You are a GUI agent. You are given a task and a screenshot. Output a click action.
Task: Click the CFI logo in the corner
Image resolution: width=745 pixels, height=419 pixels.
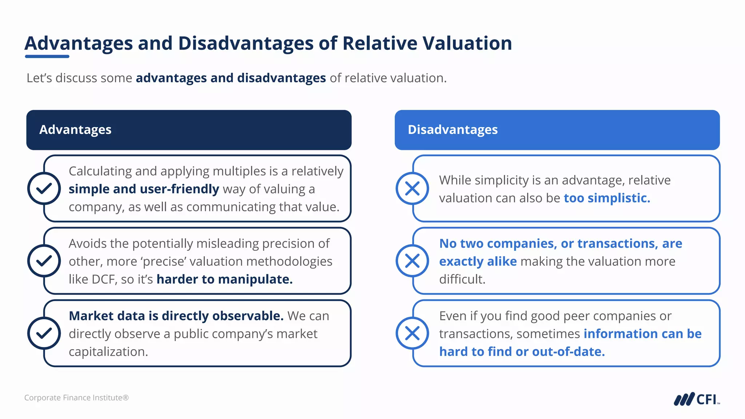click(696, 399)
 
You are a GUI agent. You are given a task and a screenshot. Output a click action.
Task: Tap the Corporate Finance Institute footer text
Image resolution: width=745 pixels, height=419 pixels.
click(76, 398)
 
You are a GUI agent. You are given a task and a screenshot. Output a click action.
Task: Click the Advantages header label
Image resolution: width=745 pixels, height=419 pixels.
click(75, 130)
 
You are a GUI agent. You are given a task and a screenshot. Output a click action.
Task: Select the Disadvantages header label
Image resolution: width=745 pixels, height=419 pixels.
click(453, 130)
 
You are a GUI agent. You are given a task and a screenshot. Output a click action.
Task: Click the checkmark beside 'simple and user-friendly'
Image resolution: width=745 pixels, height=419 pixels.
click(44, 188)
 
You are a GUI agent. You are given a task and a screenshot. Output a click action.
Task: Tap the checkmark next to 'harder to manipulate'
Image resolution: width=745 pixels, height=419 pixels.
click(44, 261)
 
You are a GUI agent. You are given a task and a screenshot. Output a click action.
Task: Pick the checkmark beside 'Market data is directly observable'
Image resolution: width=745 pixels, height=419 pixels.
click(44, 333)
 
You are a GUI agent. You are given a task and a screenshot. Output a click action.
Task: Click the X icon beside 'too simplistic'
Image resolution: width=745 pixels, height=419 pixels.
click(412, 188)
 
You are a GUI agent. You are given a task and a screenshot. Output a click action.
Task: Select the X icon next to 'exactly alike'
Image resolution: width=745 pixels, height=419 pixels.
click(412, 261)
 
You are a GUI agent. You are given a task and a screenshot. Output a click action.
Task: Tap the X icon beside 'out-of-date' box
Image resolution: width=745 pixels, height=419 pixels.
click(412, 333)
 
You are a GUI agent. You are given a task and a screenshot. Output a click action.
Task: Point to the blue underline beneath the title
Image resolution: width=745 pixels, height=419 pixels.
click(47, 56)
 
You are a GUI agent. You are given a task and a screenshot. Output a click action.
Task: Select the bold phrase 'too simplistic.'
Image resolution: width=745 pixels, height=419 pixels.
click(607, 198)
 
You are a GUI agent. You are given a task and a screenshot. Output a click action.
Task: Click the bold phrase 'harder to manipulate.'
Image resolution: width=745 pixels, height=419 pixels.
click(224, 279)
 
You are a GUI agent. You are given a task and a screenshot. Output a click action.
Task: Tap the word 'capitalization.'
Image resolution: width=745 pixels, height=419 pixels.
click(108, 352)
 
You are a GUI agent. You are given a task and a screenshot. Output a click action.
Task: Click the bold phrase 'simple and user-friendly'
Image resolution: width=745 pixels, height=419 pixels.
click(144, 189)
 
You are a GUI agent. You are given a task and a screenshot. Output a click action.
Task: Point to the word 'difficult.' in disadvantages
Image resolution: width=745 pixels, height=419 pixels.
click(462, 279)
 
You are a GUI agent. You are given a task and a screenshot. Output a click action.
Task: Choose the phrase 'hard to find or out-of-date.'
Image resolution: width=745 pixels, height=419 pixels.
click(522, 352)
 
